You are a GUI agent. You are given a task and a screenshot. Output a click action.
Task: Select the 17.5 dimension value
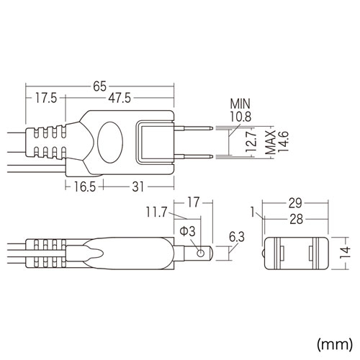(x=44, y=99)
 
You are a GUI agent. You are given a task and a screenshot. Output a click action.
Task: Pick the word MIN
(x=240, y=103)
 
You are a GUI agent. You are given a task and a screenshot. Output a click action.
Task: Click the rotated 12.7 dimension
(x=250, y=143)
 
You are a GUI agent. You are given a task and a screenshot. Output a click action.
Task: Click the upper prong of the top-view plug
(x=193, y=127)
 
